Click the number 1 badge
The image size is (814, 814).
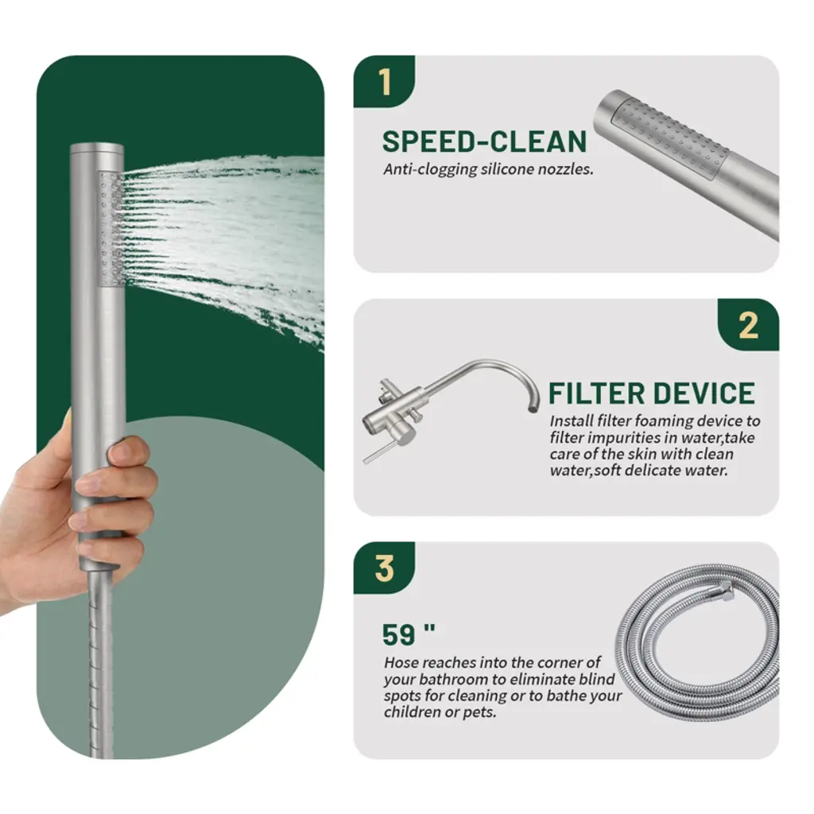tap(384, 82)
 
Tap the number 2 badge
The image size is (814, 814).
tap(748, 325)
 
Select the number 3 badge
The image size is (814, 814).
tap(384, 568)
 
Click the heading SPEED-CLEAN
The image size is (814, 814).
tap(484, 141)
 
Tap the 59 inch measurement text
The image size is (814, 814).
tap(408, 634)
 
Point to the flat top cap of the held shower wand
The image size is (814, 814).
tap(97, 147)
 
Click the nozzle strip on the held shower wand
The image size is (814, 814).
tap(111, 228)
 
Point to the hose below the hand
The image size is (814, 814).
tap(100, 665)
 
